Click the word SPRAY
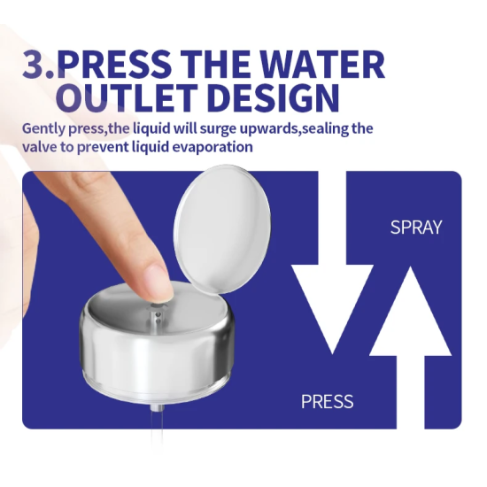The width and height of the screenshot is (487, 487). point(416,228)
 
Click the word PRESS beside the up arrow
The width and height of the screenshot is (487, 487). point(328,401)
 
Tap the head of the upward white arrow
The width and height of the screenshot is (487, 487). point(411,311)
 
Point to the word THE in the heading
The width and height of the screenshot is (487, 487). point(215,65)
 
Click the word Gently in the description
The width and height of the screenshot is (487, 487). point(43,129)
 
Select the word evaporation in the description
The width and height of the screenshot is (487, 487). point(213,147)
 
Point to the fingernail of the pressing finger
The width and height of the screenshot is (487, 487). point(161,282)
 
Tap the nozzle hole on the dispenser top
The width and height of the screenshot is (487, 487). point(158,307)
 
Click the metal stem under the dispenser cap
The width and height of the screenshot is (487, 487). point(157,407)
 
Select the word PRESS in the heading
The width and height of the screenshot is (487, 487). point(114,65)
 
